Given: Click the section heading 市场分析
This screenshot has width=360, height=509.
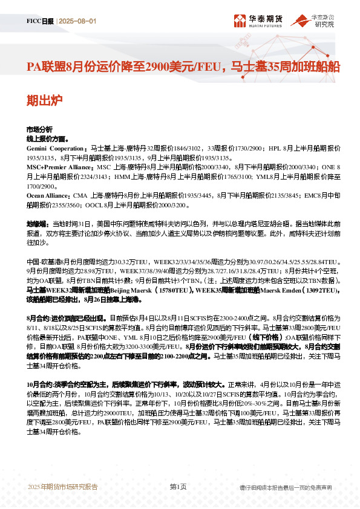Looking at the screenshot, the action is coord(39,130).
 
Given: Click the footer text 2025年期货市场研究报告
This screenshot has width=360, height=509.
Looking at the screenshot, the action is coord(62,487).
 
